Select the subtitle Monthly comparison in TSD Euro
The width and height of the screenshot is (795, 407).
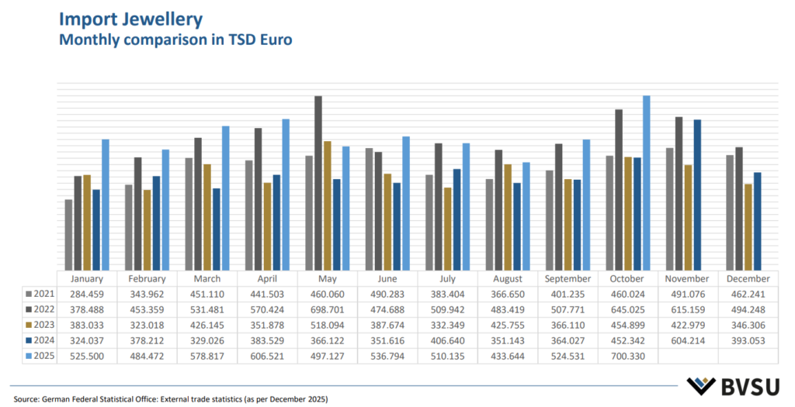point(175,40)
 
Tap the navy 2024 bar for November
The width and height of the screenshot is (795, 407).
point(697,194)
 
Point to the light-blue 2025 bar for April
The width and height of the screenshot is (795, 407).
point(286,194)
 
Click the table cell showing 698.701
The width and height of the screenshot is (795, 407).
point(328,309)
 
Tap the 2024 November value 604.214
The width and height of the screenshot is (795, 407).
point(687,340)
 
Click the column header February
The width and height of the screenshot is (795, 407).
point(148,278)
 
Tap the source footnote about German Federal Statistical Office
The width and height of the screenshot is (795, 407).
point(168,398)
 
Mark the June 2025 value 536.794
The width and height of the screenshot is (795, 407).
point(387,355)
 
